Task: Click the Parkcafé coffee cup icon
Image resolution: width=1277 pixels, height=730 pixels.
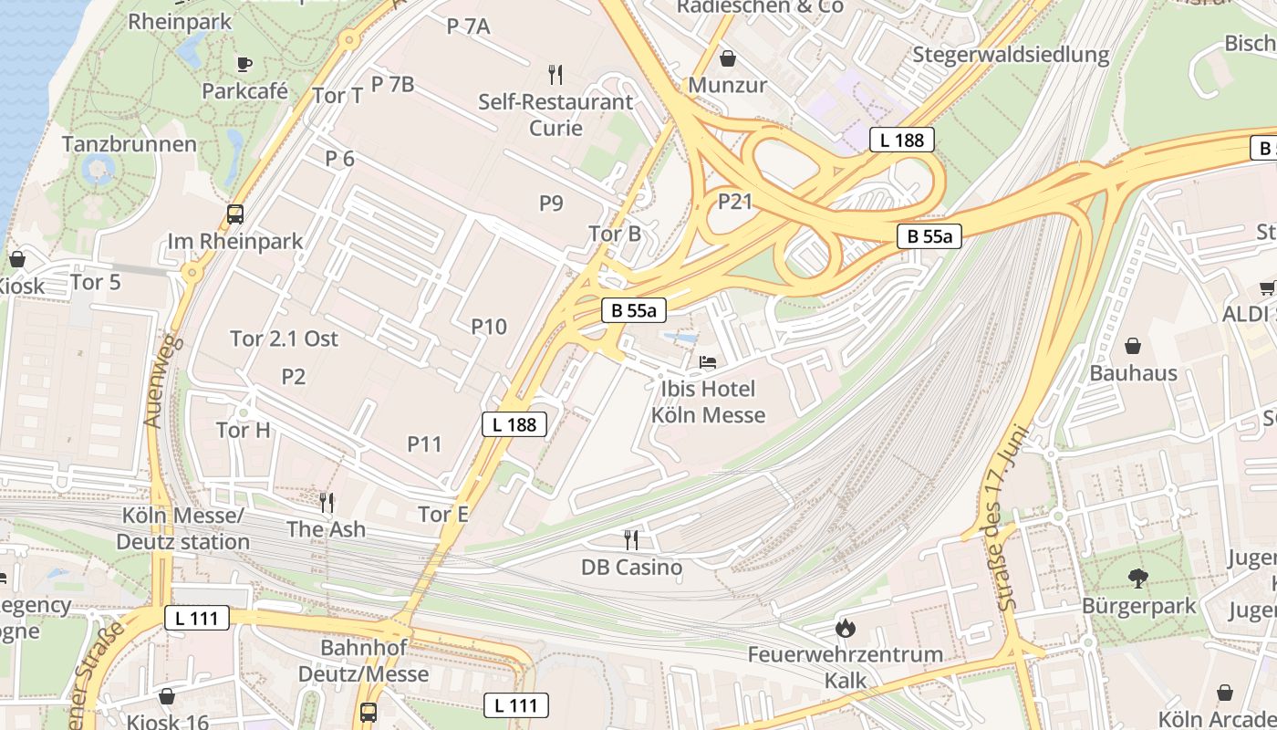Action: pos(244,63)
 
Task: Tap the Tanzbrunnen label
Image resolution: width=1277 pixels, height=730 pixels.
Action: pos(130,144)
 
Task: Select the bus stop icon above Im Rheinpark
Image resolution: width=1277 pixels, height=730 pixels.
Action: pos(235,214)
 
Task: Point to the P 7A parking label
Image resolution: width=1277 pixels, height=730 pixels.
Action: pos(469,26)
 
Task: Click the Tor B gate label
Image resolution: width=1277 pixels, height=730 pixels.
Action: pos(615,234)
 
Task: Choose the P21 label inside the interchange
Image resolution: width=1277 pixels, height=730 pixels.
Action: pos(735,201)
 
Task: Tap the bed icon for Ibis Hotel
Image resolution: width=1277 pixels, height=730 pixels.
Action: pos(708,362)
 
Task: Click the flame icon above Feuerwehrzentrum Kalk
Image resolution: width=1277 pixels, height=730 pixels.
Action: pos(846,628)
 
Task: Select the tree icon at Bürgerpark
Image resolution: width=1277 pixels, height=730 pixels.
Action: pos(1137,578)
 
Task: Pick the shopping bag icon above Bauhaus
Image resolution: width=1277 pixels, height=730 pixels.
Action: pos(1133,346)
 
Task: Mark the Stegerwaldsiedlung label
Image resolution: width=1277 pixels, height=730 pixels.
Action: pos(1011,54)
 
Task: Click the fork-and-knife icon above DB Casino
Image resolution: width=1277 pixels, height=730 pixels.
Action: pos(630,539)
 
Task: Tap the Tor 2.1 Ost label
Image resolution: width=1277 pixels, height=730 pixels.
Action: pos(284,339)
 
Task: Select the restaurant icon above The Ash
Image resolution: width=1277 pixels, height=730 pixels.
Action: pos(326,501)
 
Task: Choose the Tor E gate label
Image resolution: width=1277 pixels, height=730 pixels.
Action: pos(443,515)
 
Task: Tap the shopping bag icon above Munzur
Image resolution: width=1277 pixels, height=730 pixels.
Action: pos(728,58)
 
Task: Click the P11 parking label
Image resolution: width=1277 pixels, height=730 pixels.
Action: pos(424,444)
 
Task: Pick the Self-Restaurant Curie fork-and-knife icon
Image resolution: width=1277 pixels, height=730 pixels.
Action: pos(555,74)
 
